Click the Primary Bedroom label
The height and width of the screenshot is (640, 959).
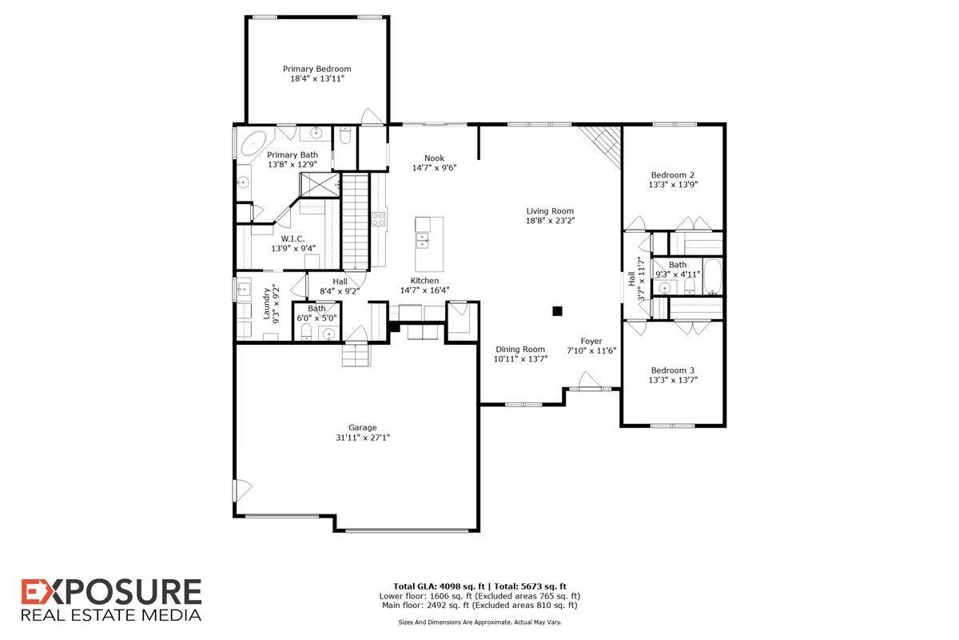point(316,69)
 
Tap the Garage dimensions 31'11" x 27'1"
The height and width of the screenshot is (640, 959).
point(362,438)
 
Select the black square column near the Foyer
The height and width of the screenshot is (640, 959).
point(558,310)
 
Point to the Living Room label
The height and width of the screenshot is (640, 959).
point(550,211)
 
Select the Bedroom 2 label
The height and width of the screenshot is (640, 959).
point(672,174)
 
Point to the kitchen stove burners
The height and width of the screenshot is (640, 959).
point(378,218)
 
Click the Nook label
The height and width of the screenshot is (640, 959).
point(434,158)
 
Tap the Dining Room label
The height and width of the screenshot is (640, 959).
point(520,349)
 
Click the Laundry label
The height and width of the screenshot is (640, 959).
point(267,304)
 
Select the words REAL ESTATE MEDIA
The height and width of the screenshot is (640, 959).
point(110,614)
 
